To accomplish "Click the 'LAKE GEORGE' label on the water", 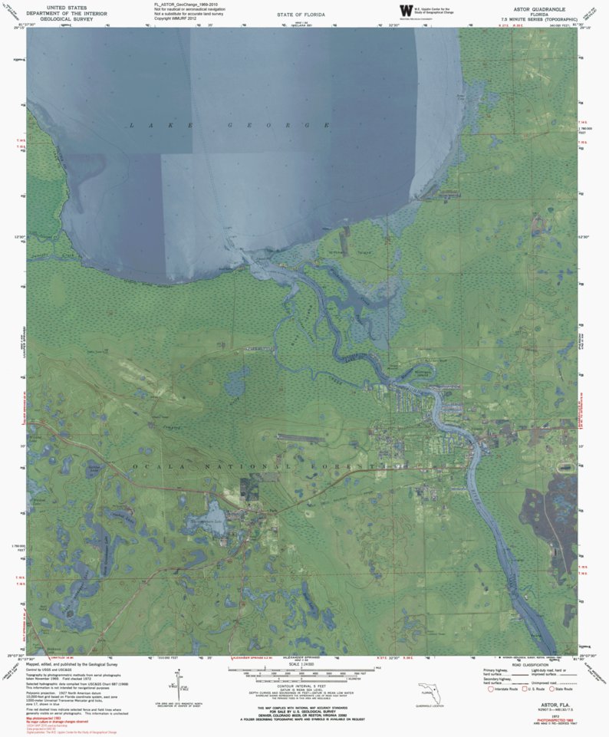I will [x=230, y=125].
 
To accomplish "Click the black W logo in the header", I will [x=405, y=11].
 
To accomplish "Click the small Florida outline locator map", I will [x=427, y=693].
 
